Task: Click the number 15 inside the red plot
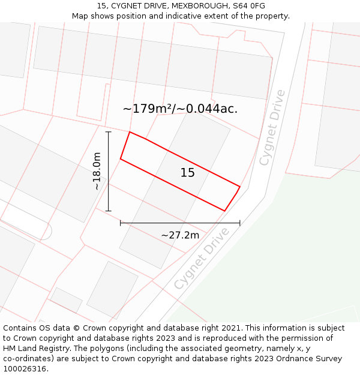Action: coord(187,173)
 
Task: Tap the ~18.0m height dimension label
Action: coord(97,172)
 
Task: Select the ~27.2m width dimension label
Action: coord(180,235)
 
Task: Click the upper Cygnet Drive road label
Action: coord(272,128)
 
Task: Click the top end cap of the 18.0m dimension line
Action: coord(108,132)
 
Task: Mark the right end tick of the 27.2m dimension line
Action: coord(239,223)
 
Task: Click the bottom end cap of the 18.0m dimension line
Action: coord(108,211)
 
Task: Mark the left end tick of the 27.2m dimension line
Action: coord(121,223)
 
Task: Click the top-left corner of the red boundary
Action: coord(130,132)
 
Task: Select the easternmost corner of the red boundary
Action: coord(240,187)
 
